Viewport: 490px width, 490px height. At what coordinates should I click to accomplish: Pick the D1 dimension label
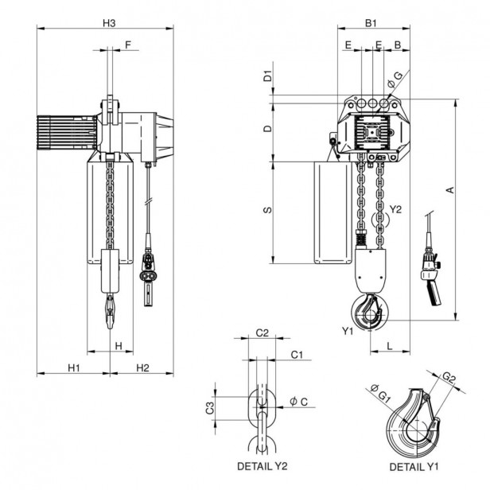[268, 77]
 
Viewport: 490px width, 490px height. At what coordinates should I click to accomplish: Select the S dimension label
[268, 210]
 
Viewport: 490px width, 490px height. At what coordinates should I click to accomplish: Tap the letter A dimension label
[449, 189]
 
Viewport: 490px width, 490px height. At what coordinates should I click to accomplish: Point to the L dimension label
[391, 346]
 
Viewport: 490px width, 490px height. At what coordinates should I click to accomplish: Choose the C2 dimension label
[262, 334]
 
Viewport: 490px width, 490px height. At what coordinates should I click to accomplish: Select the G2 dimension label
[449, 378]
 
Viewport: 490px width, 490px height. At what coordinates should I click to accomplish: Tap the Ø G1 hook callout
[378, 389]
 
